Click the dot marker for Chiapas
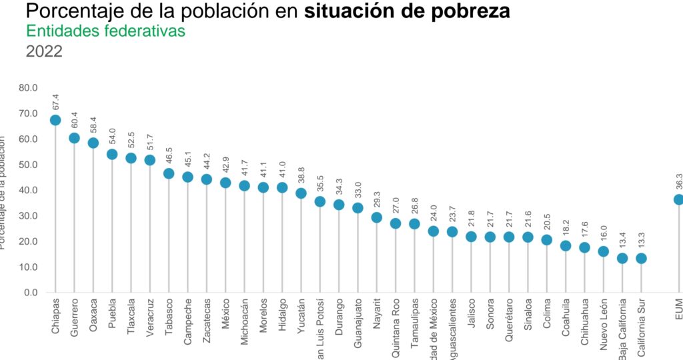click(55, 120)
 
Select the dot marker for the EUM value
click(678, 199)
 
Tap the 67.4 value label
click(56, 101)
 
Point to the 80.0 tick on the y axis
click(29, 87)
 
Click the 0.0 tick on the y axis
click(31, 293)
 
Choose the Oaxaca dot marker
click(93, 143)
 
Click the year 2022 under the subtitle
click(44, 51)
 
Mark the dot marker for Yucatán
click(301, 193)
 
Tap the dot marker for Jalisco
click(471, 237)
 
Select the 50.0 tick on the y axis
click(29, 165)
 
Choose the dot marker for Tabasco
click(169, 173)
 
